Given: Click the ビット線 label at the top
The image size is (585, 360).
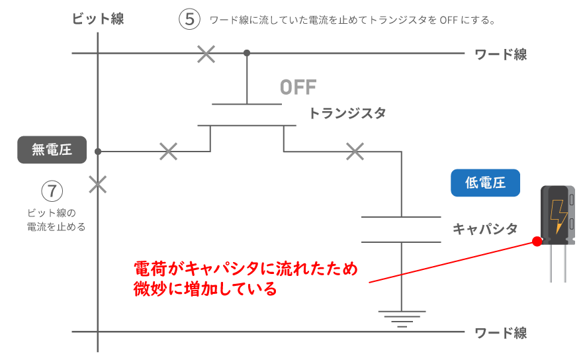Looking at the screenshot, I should coord(98,19).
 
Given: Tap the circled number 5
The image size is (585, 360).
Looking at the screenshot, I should coord(189,19).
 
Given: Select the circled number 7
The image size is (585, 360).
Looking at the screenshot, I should coord(52,191).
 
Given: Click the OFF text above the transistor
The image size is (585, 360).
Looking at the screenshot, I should coord(298,87).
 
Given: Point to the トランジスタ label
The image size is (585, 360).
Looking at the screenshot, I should coord(347,113).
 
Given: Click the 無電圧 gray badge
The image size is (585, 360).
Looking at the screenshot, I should coord(52,150).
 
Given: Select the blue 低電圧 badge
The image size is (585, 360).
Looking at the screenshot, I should coord(485,183).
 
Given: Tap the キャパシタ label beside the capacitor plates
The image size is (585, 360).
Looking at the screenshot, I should coord(484,229).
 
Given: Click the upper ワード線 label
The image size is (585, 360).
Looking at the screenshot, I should coord(501,54).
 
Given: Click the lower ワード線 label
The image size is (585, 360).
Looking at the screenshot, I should coord(501,332).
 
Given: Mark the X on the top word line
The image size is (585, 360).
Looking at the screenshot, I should coord(206,54).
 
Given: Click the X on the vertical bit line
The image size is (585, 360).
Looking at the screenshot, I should coord(98,184).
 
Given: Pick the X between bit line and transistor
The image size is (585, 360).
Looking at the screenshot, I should coord(169,152).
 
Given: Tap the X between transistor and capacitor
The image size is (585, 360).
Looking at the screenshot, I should coord(355,152).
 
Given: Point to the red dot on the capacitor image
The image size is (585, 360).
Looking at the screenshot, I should coord(537,242).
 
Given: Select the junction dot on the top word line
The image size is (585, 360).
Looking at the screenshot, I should coord(247,53).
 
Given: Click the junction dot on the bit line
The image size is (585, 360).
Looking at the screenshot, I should coord(98,152).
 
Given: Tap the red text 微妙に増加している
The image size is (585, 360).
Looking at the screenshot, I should coord(205,289).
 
